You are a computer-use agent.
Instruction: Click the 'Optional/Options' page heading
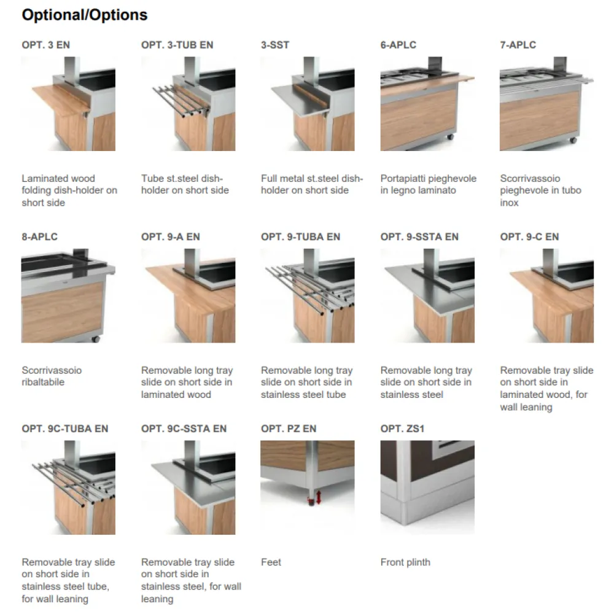[x=85, y=15]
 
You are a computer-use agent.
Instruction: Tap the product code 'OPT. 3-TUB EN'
[x=177, y=45]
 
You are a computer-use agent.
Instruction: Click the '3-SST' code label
[x=275, y=45]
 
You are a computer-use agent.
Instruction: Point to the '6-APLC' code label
[x=398, y=45]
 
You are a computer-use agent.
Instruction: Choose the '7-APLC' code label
[x=518, y=45]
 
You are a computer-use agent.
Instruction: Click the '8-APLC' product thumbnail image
[x=68, y=295]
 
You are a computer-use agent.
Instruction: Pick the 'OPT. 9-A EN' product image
[x=188, y=295]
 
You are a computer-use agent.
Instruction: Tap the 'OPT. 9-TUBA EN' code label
[x=300, y=237]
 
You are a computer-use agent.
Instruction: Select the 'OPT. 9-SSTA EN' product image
[x=427, y=295]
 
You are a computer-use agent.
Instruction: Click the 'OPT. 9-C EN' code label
[x=529, y=237]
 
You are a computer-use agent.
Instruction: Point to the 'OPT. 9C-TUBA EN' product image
[x=68, y=487]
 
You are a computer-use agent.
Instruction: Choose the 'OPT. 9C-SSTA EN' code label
[x=184, y=429]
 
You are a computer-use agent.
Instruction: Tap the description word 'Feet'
[x=271, y=562]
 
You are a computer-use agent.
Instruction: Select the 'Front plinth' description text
[x=405, y=562]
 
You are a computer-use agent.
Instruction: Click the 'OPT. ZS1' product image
[x=427, y=487]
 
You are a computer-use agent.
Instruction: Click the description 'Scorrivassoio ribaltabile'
[x=52, y=376]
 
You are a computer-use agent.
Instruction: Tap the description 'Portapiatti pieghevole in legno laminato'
[x=428, y=184]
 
